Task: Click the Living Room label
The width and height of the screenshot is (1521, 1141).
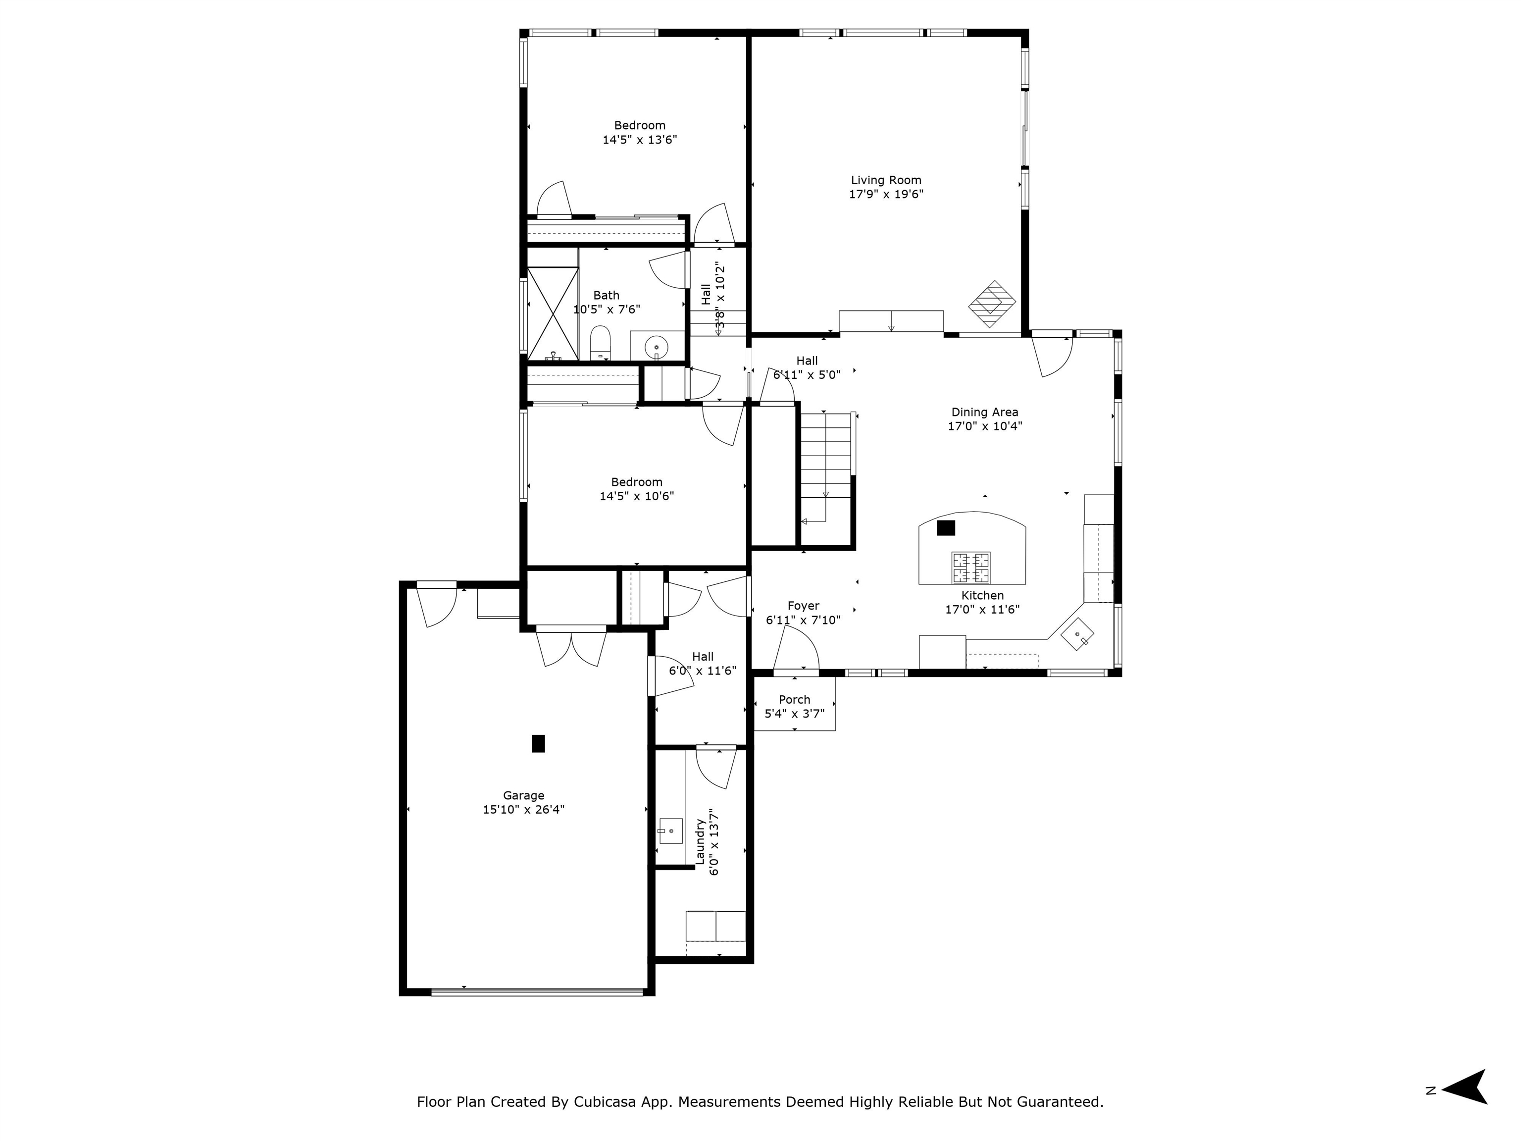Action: point(886,180)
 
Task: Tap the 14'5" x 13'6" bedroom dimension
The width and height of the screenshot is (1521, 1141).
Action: point(640,140)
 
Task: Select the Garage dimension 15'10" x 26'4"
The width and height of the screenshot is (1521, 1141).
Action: point(523,810)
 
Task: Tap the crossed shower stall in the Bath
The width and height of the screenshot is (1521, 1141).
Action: point(553,313)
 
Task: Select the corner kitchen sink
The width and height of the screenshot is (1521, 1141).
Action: point(1077,633)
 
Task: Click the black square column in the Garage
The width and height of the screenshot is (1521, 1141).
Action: point(538,743)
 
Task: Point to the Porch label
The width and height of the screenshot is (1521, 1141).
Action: point(794,699)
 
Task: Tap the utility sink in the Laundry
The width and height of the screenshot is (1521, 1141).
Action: point(670,831)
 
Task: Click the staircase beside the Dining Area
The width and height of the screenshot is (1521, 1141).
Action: point(826,467)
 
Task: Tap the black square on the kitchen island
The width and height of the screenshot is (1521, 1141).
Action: point(946,527)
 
